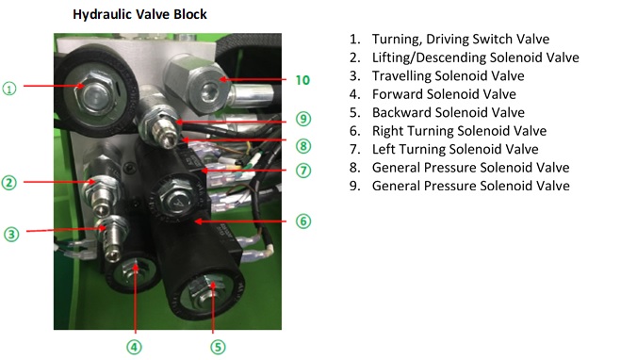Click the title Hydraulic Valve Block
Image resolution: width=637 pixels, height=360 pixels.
click(139, 14)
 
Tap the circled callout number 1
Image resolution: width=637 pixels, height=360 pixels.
click(9, 89)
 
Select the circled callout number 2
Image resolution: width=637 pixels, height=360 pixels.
click(9, 183)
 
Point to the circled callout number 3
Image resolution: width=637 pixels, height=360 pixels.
click(11, 234)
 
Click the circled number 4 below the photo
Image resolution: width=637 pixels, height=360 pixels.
click(134, 347)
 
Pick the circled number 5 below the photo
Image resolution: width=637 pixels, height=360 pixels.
click(218, 347)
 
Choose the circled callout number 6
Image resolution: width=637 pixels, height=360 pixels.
click(303, 221)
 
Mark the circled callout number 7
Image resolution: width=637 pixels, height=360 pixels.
click(303, 171)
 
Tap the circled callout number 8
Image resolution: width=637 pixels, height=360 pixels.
click(303, 146)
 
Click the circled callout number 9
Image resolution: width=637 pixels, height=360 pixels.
click(303, 119)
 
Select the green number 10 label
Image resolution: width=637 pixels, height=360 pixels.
click(302, 80)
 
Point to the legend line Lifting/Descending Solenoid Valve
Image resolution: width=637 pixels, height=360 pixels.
click(475, 57)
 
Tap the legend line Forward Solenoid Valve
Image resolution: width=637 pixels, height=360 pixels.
click(444, 94)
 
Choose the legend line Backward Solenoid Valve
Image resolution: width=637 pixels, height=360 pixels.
click(449, 112)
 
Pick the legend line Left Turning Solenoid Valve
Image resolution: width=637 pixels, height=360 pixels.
click(455, 149)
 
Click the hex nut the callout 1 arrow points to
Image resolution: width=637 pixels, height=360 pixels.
click(93, 94)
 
